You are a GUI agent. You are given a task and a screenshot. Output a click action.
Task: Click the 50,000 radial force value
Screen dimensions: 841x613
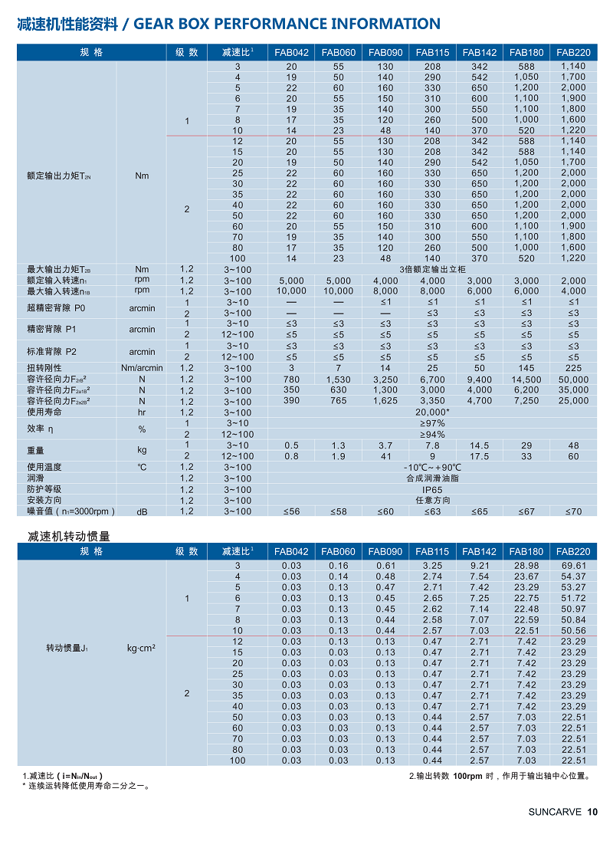point(574,379)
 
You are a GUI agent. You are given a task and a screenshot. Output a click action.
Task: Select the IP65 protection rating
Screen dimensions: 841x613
point(433,489)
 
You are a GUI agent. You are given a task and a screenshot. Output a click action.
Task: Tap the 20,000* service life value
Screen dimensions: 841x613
point(433,412)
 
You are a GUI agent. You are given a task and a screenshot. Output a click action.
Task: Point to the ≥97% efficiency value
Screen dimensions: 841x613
point(433,423)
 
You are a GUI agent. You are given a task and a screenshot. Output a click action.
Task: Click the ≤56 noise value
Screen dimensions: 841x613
point(292,511)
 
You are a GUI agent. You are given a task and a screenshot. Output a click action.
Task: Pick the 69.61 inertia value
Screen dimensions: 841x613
point(574,566)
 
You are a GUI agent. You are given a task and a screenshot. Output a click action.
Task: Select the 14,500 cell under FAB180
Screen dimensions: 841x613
point(526,379)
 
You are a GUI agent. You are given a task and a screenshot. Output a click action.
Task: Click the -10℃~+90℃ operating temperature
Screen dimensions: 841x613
point(433,467)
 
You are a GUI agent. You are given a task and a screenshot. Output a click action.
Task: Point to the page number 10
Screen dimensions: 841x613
point(592,813)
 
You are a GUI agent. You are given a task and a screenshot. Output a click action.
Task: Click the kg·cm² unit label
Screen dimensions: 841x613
point(142,648)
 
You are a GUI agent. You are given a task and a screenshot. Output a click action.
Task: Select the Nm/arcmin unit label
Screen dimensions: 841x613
point(142,368)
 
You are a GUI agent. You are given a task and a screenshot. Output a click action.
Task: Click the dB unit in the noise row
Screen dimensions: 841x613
point(142,511)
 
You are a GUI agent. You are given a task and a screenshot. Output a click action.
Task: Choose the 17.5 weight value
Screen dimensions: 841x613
point(480,456)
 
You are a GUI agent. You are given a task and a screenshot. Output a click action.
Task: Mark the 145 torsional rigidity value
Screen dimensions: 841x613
point(526,368)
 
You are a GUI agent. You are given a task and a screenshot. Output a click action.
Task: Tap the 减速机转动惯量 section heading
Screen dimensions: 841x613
point(64,536)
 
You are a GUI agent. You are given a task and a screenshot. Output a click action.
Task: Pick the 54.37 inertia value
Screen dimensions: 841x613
point(574,577)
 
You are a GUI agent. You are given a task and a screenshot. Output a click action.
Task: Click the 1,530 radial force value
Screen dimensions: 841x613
point(339,379)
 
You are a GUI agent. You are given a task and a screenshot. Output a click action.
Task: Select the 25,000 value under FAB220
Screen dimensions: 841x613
point(574,401)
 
